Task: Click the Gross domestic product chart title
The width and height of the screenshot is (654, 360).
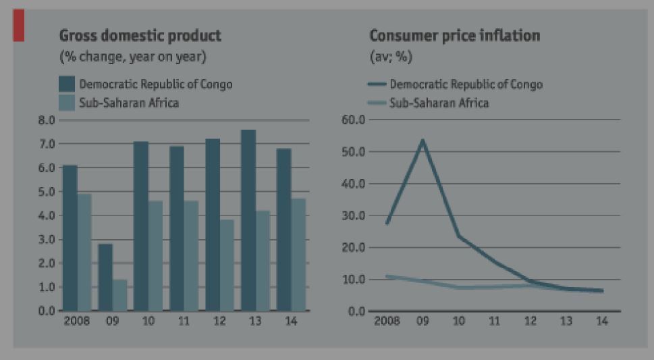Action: click(x=140, y=35)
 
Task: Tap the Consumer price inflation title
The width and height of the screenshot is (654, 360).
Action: click(x=454, y=36)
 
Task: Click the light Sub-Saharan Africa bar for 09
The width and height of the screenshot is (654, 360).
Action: click(x=119, y=295)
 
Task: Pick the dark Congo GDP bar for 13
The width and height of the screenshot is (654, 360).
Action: click(x=248, y=220)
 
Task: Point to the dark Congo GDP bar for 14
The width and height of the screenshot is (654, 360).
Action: click(x=284, y=230)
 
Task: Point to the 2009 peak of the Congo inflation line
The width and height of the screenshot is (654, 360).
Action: click(x=423, y=140)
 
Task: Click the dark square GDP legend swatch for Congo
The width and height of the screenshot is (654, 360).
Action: click(x=67, y=84)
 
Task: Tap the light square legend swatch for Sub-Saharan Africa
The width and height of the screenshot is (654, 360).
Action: click(x=67, y=103)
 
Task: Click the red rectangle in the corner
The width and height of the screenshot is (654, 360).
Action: click(x=18, y=26)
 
